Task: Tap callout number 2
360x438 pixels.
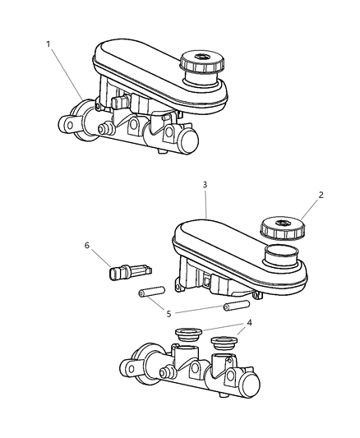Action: [x=321, y=196]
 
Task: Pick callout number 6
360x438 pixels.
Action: [x=87, y=245]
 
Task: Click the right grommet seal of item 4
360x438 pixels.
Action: [x=223, y=343]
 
